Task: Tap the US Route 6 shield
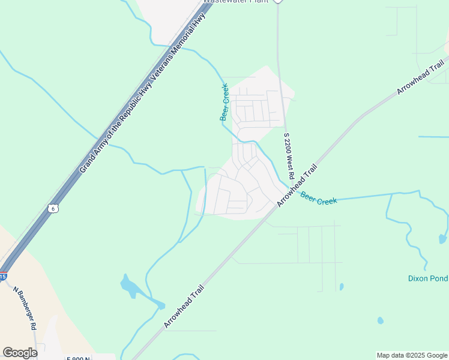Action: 53,208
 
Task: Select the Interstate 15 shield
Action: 3,277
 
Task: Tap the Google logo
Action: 20,353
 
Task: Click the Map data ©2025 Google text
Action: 412,355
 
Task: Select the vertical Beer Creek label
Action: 224,103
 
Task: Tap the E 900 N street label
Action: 78,358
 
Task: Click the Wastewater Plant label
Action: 234,2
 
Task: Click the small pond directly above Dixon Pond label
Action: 442,239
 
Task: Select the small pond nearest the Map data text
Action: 380,320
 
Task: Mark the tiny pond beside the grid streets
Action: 341,287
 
